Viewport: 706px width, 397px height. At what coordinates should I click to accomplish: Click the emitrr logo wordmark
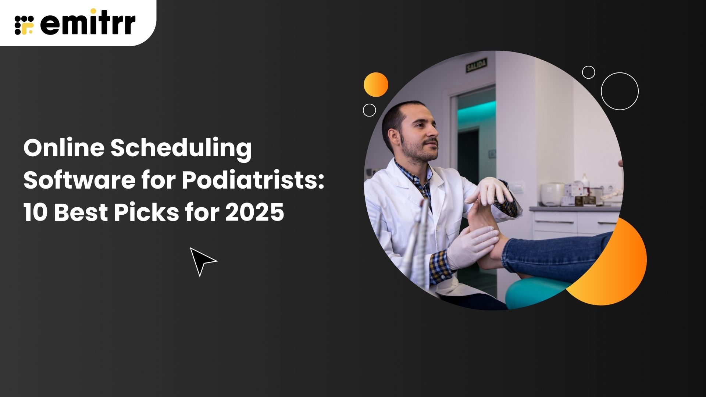pyautogui.click(x=88, y=24)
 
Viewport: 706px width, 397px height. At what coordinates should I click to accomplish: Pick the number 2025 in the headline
pyautogui.click(x=254, y=212)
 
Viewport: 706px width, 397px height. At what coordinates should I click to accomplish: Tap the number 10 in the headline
pyautogui.click(x=36, y=212)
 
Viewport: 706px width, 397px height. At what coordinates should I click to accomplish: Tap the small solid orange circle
pyautogui.click(x=376, y=85)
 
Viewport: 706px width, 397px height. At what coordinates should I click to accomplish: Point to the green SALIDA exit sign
pyautogui.click(x=477, y=65)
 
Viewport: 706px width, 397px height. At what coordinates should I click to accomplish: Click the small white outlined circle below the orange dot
pyautogui.click(x=369, y=110)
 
